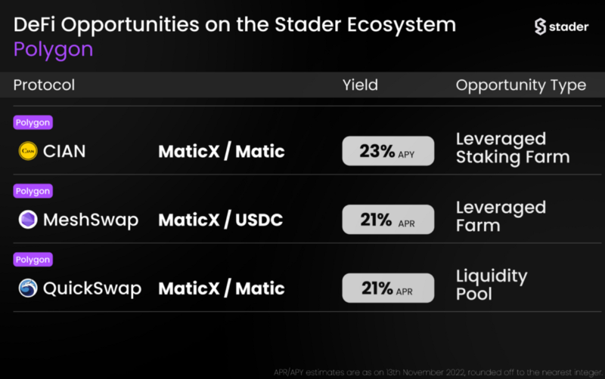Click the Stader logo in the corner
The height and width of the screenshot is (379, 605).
point(561,26)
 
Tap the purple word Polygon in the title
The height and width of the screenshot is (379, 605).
point(53,50)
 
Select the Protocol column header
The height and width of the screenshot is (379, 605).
point(44,85)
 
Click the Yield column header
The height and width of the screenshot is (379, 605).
point(361,85)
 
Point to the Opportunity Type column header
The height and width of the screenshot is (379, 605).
point(521,85)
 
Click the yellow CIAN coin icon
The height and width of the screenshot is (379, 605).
point(28,151)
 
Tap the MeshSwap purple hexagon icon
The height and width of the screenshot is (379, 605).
point(28,220)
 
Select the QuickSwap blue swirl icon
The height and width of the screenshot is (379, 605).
point(28,288)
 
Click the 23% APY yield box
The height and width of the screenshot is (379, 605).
point(388,151)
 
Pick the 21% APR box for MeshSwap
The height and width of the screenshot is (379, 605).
point(388,220)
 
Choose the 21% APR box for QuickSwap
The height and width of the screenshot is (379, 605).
point(388,288)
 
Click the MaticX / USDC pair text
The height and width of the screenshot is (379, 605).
point(221,220)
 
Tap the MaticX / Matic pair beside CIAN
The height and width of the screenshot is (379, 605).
point(222,151)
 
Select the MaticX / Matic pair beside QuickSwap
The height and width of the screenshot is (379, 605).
point(222,288)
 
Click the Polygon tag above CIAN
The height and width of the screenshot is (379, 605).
point(33,122)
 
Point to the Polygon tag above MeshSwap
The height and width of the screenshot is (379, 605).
point(33,191)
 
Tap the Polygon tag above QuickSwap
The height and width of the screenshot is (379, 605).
point(33,260)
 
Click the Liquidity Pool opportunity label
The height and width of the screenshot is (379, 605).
point(492,285)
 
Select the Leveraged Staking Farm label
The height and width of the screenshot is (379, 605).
point(513,148)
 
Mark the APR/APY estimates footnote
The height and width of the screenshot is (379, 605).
point(439,372)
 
